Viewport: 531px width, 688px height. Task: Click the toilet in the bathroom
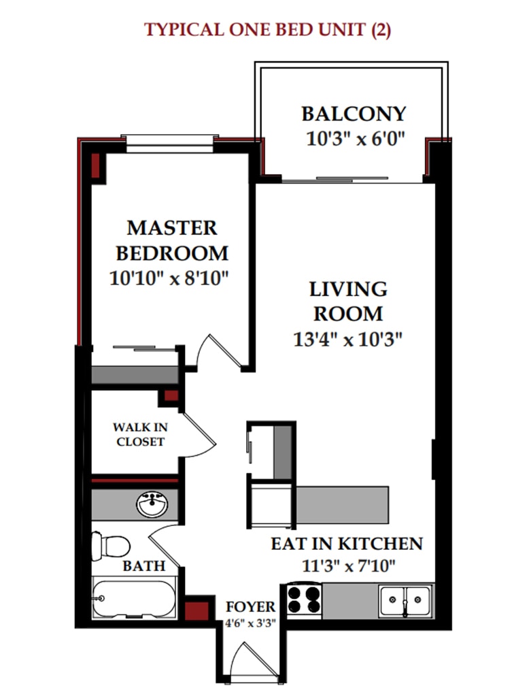pyautogui.click(x=111, y=546)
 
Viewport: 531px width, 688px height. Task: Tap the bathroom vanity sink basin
pyautogui.click(x=152, y=504)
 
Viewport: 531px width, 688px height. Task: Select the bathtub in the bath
pyautogui.click(x=135, y=597)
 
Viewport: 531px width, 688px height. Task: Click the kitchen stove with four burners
pyautogui.click(x=304, y=600)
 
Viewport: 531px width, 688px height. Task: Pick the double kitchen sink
pyautogui.click(x=405, y=601)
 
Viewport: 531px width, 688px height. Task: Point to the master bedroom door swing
pyautogui.click(x=218, y=351)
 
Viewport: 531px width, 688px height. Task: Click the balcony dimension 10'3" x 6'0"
pyautogui.click(x=355, y=140)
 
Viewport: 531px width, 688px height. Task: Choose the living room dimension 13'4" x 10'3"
pyautogui.click(x=347, y=339)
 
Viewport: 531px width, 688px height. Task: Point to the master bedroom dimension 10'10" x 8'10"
pyautogui.click(x=169, y=278)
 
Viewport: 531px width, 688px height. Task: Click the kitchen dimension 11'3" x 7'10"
pyautogui.click(x=349, y=566)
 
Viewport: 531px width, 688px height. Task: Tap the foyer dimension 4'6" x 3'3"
pyautogui.click(x=250, y=623)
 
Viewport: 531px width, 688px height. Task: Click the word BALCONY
pyautogui.click(x=354, y=114)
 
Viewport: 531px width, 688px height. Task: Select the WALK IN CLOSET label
pyautogui.click(x=140, y=434)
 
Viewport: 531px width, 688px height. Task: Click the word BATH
pyautogui.click(x=144, y=566)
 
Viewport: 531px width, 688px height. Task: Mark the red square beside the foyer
pyautogui.click(x=196, y=611)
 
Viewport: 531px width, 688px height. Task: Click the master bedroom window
pyautogui.click(x=170, y=144)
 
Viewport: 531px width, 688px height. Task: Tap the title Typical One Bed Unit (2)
pyautogui.click(x=267, y=30)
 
